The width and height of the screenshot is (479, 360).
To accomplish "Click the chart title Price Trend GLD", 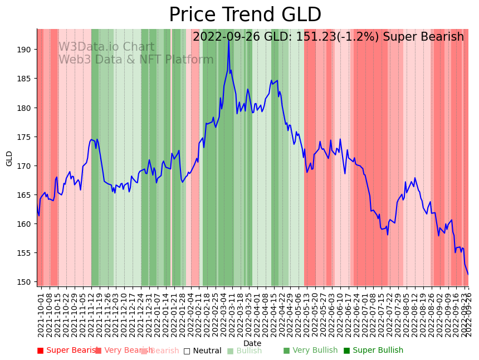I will coord(245,15).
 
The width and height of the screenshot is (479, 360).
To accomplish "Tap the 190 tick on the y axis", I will coord(23,50).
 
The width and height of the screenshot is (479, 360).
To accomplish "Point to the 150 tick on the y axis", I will coord(23,282).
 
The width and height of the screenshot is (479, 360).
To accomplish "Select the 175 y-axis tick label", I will coord(23,137).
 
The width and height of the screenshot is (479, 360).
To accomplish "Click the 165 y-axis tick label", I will coord(23,195).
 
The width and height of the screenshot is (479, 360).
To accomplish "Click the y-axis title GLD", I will coord(9,158).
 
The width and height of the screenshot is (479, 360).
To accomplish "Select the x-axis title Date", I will coord(252,343).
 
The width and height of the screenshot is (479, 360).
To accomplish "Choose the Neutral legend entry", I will coord(207,351).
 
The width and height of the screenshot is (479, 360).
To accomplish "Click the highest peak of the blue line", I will coord(229,40).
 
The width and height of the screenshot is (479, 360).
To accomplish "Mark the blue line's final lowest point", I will coord(468,274).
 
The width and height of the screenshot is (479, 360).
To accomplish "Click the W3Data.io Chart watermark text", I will coord(106,47).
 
